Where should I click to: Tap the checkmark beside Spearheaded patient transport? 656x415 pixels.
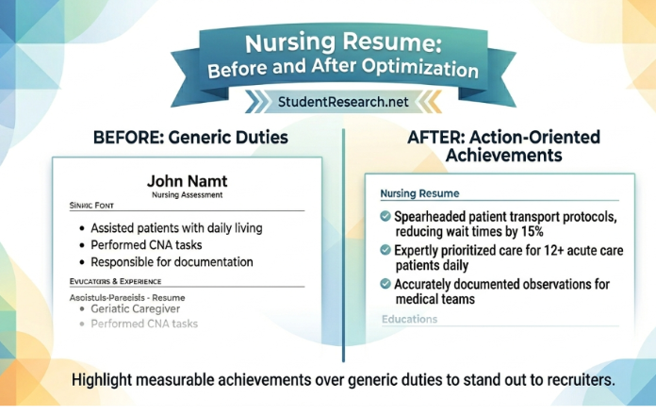click(385, 216)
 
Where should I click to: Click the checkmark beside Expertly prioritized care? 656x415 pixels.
click(385, 250)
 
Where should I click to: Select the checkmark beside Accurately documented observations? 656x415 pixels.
click(385, 283)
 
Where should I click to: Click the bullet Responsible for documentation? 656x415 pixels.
click(172, 261)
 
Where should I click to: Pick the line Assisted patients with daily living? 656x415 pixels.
click(176, 227)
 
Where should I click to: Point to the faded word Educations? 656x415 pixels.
click(409, 319)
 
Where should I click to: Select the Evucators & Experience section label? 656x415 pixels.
click(115, 281)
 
